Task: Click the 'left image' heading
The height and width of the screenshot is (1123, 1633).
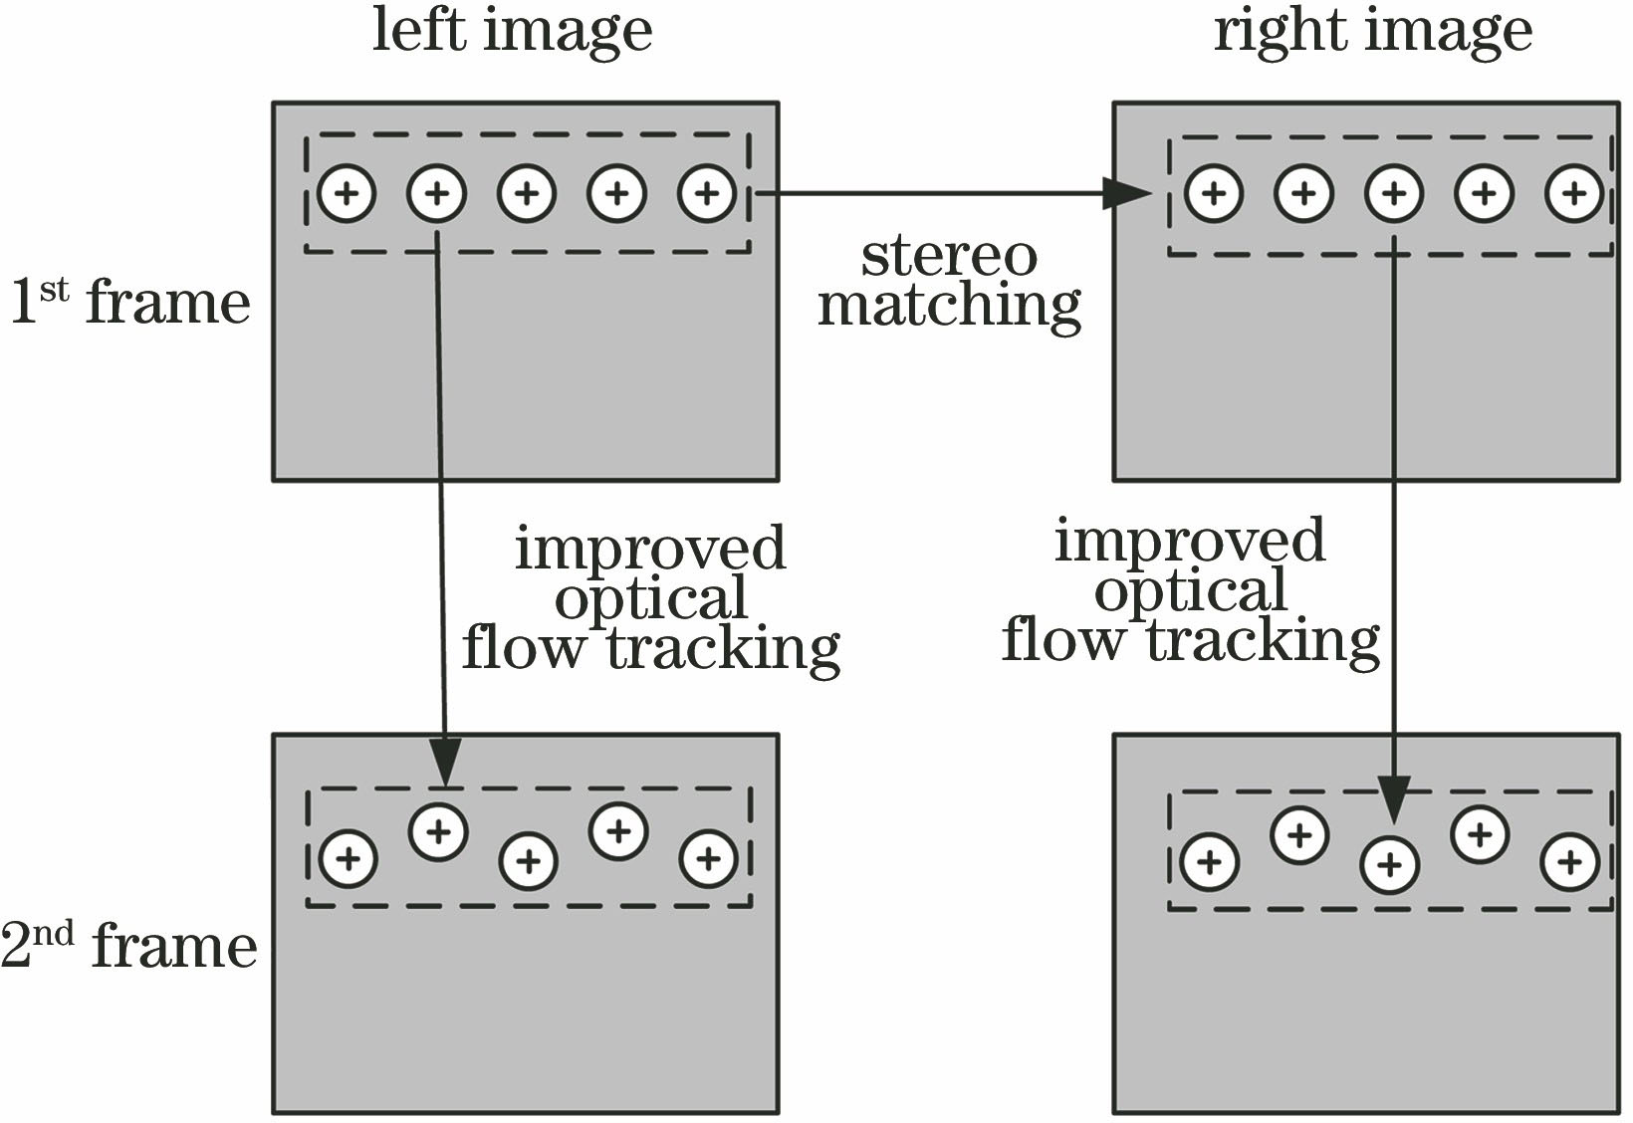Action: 512,31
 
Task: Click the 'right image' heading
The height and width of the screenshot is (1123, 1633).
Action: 1372,31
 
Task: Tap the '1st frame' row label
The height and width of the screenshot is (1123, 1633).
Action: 130,301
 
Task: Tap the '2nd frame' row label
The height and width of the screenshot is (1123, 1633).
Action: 129,945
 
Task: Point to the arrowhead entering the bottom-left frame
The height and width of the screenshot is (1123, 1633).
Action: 445,766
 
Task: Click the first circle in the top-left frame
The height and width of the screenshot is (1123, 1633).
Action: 347,192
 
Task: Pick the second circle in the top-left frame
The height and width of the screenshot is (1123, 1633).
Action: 436,192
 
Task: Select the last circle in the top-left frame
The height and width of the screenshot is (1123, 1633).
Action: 707,192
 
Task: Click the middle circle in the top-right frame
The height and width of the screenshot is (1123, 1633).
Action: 1394,192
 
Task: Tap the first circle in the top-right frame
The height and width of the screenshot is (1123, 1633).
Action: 1214,192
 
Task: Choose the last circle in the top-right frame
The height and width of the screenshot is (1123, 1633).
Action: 1574,192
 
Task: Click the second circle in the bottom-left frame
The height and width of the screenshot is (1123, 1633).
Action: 438,830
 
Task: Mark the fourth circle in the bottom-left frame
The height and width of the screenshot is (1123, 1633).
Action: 618,829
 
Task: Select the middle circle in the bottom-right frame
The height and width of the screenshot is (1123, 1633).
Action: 1389,863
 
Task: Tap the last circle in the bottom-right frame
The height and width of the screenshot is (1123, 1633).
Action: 1570,862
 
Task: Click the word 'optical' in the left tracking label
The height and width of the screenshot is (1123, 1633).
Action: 651,599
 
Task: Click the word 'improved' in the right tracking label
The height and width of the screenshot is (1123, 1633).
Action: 1190,542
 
